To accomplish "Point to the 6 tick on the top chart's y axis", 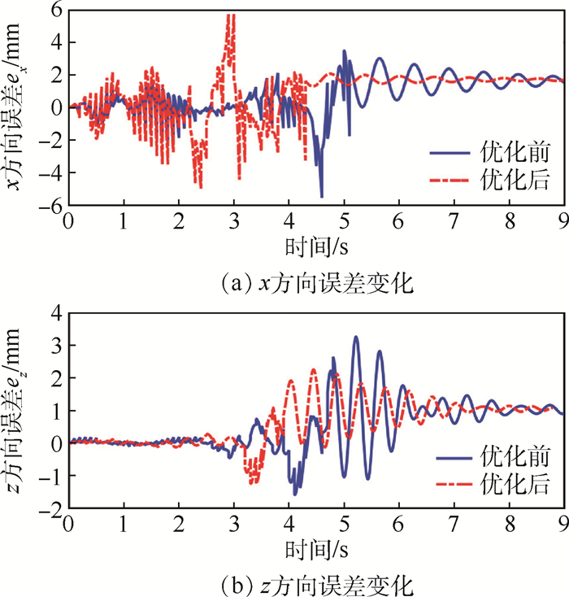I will point(57,10).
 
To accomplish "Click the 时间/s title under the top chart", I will point(311,245).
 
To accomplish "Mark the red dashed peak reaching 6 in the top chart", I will point(232,16).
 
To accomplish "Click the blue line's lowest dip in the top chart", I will point(322,196).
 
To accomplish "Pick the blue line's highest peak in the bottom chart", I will point(355,337).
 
